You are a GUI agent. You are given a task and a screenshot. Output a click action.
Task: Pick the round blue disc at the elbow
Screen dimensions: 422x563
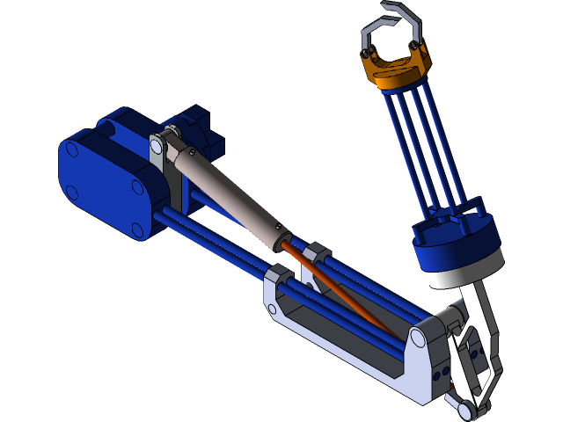pyautogui.click(x=458, y=251)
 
